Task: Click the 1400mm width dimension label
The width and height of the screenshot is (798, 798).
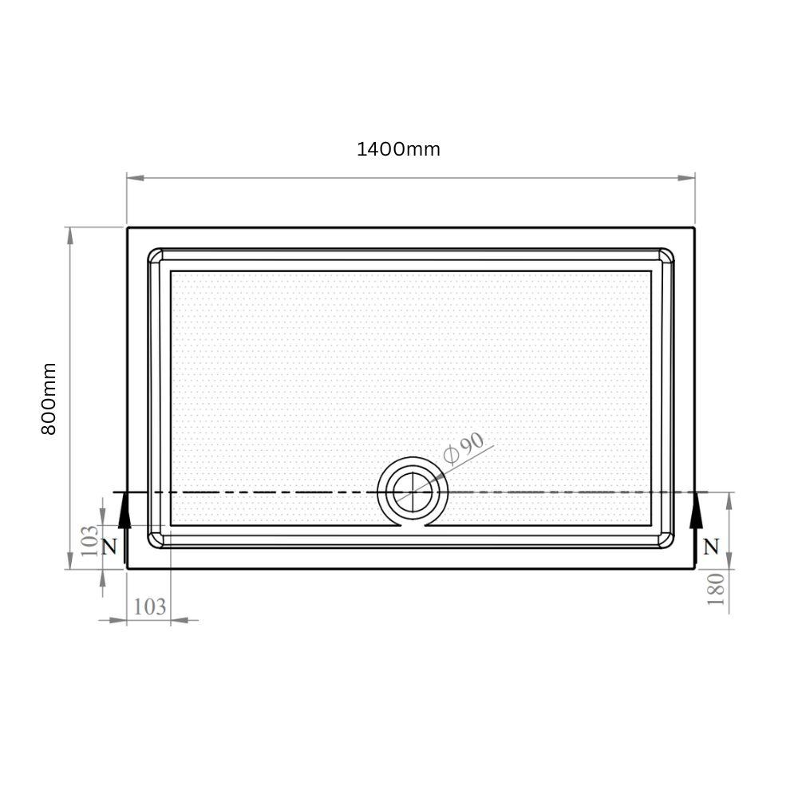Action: click(398, 149)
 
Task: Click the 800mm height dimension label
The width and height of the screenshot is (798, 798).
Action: click(49, 398)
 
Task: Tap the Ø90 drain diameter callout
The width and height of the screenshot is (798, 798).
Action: click(463, 448)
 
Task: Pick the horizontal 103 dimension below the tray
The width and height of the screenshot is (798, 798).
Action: click(149, 606)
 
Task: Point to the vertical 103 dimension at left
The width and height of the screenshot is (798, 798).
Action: click(90, 540)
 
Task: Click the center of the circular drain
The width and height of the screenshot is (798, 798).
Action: click(412, 492)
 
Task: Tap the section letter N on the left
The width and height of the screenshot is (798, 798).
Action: click(109, 547)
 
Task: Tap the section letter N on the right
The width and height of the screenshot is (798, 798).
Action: click(711, 547)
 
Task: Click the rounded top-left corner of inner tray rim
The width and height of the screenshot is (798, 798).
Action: click(155, 255)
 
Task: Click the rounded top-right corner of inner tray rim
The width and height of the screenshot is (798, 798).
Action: click(666, 255)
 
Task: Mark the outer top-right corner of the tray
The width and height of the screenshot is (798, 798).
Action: click(694, 228)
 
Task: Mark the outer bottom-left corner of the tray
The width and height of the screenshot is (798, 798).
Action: click(127, 568)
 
